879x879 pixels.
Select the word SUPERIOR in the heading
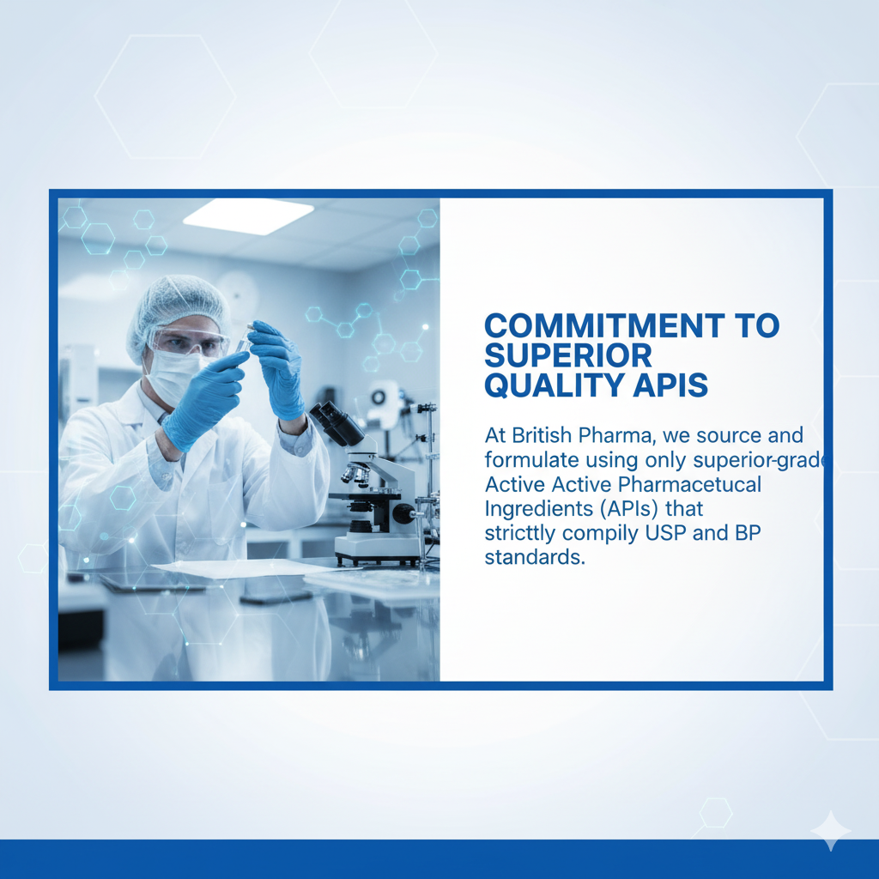(x=568, y=355)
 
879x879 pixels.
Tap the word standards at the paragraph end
(x=534, y=557)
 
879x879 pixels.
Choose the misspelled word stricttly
(x=520, y=533)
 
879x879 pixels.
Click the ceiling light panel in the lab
(x=248, y=215)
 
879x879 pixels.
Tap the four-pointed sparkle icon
(x=831, y=830)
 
